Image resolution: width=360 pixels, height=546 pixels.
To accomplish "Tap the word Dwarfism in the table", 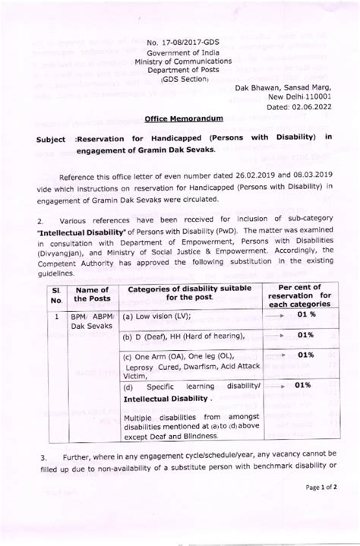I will tap(201, 365).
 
